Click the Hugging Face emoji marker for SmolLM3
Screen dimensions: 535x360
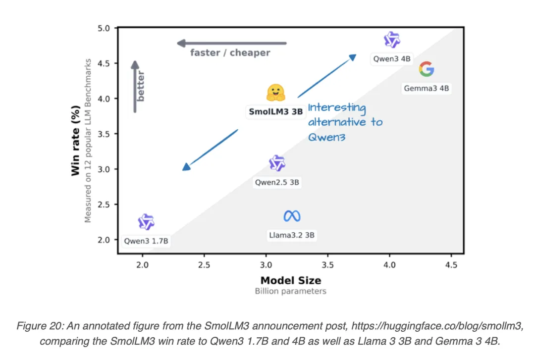tap(276, 93)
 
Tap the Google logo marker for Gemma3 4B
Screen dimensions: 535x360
tap(427, 69)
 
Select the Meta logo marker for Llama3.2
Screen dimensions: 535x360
tap(292, 216)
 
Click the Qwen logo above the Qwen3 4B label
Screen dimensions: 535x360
tap(392, 40)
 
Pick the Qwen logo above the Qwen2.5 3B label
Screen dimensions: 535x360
tap(277, 163)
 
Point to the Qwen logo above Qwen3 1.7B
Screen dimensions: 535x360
tap(146, 222)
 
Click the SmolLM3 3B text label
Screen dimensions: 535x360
tap(276, 111)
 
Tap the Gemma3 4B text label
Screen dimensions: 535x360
tap(427, 88)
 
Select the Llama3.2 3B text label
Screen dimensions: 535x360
tap(292, 235)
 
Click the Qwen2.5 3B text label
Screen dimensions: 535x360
tap(277, 182)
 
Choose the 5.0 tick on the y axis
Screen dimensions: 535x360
tap(104, 28)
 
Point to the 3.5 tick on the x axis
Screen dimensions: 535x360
tap(328, 265)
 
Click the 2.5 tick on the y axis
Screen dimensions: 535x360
tap(104, 205)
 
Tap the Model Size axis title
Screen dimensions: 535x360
tap(291, 280)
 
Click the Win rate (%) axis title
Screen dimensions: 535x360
tap(75, 141)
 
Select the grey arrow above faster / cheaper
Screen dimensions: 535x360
tap(232, 44)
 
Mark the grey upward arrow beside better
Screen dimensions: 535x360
tap(135, 87)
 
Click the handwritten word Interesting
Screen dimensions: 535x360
tap(337, 108)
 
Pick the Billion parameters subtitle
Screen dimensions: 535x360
tap(291, 291)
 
